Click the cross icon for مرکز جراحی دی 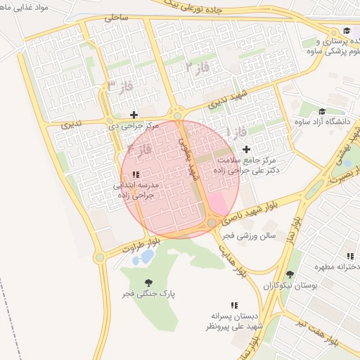tap(134, 115)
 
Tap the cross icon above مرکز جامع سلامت tap(246, 149)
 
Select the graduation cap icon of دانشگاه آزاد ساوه tap(322, 112)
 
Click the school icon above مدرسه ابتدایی tap(136, 174)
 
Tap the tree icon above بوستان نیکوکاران tap(290, 274)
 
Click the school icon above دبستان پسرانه tap(234, 305)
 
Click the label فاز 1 tap(238, 131)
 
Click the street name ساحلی tap(116, 18)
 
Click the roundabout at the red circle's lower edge tap(212, 223)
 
